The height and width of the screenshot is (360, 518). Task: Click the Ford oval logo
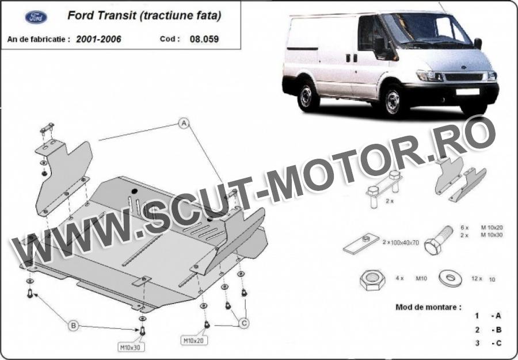(x=36, y=17)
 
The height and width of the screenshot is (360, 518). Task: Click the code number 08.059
(x=204, y=39)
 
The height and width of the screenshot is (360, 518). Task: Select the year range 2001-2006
(x=98, y=39)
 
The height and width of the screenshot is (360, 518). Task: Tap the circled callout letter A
(x=184, y=123)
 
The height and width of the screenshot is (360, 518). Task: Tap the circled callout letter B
(x=73, y=326)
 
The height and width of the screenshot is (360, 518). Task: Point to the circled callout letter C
(x=244, y=323)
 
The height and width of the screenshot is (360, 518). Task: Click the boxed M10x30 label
(x=131, y=347)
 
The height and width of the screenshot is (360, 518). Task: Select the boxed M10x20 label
(x=194, y=340)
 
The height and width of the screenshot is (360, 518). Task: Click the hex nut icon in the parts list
(x=372, y=280)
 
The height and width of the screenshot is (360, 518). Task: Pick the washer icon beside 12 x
(x=450, y=278)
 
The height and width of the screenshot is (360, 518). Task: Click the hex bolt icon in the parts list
(x=438, y=240)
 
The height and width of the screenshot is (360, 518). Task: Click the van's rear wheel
(x=307, y=95)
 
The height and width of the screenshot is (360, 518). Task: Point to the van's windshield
(x=428, y=29)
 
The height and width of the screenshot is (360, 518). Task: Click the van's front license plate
(x=467, y=91)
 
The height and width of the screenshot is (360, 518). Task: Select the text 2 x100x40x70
(x=401, y=242)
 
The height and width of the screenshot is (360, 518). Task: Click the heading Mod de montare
(x=428, y=307)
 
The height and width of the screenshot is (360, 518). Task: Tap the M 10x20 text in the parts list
(x=492, y=227)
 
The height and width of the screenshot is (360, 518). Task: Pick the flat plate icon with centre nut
(x=361, y=243)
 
